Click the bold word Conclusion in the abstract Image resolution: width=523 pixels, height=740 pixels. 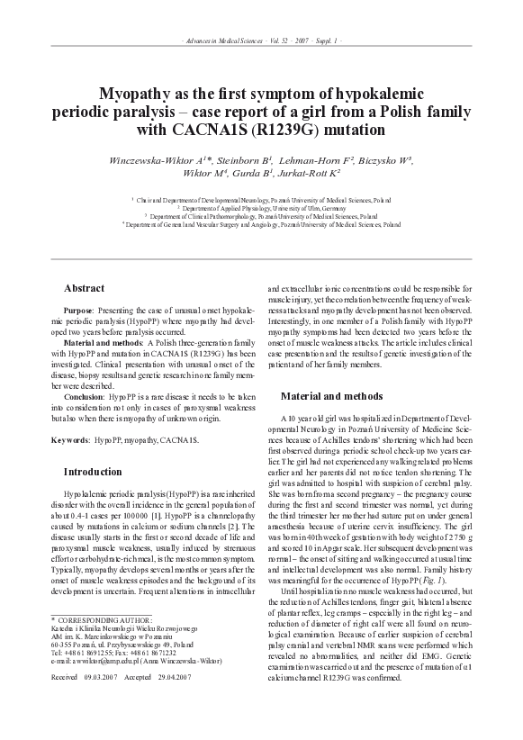85,395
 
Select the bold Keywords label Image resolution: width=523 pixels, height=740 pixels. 69,439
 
